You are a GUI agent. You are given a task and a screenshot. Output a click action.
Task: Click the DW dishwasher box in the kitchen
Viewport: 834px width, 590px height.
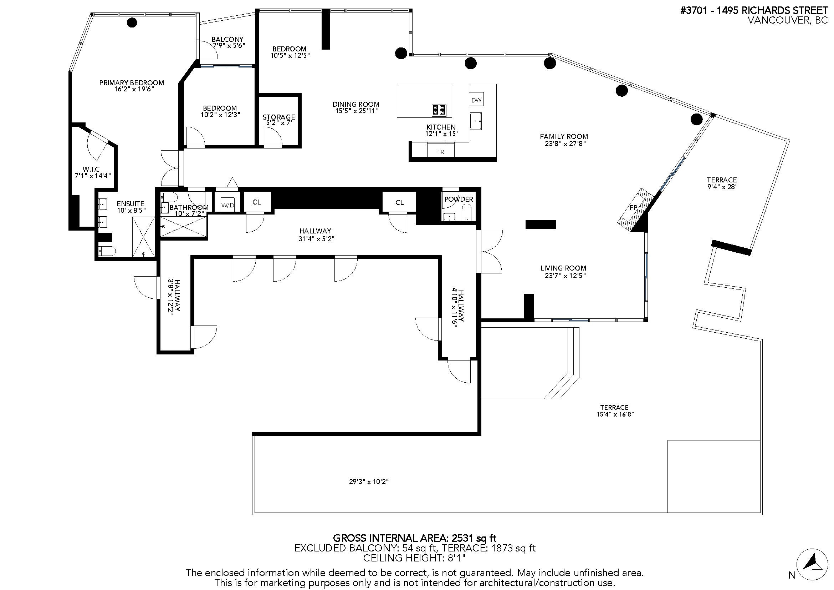point(476,100)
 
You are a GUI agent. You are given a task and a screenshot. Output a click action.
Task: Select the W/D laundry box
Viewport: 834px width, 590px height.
point(228,205)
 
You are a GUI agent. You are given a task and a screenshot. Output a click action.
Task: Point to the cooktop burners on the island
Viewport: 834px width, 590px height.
point(439,110)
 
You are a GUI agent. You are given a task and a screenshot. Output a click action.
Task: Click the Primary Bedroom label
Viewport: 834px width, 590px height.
point(132,83)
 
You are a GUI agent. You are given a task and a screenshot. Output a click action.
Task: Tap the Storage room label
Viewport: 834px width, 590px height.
point(278,117)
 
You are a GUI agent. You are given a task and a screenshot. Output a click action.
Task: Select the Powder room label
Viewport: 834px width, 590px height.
point(459,199)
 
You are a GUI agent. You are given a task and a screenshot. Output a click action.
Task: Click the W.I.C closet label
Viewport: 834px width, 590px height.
point(91,169)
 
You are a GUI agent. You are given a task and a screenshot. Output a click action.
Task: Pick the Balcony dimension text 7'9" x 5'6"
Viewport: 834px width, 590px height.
point(229,46)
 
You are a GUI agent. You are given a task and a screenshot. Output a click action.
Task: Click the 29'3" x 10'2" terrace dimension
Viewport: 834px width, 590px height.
point(369,481)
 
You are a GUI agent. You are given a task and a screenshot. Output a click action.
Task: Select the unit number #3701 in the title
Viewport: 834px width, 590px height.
point(694,11)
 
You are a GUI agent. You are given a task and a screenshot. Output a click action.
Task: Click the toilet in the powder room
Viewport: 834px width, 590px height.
point(466,212)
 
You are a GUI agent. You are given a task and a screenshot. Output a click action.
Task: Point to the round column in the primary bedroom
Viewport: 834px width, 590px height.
point(132,22)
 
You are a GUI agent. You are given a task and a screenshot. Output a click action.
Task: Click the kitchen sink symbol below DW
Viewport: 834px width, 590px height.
point(476,121)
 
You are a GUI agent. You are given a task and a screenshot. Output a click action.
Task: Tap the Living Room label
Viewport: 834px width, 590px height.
point(563,268)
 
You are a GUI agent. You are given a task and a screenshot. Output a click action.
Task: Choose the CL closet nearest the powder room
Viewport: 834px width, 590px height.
point(399,202)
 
